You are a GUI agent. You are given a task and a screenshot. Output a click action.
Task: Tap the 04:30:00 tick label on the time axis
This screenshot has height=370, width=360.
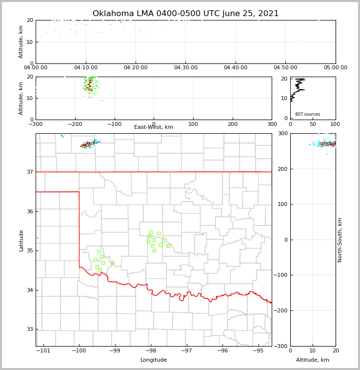click(x=185, y=68)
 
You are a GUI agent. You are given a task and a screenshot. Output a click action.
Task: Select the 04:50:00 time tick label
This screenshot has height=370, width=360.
click(x=285, y=68)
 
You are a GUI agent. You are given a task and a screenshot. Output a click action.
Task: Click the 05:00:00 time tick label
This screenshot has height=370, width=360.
click(x=335, y=68)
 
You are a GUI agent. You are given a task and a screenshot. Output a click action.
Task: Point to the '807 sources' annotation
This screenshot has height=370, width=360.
click(x=307, y=114)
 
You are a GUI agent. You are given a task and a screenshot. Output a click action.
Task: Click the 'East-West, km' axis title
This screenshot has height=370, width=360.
click(x=154, y=127)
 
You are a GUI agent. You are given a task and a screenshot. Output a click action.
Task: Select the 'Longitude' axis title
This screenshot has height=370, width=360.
click(x=154, y=360)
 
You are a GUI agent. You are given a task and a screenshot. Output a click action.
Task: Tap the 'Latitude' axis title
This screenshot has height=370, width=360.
click(x=21, y=240)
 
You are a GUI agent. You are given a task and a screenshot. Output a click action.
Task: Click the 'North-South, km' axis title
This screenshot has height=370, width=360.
click(x=340, y=240)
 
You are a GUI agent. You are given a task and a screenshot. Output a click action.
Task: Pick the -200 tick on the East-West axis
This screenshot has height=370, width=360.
click(x=75, y=124)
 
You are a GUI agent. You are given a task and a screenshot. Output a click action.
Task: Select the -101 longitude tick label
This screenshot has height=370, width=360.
click(x=43, y=351)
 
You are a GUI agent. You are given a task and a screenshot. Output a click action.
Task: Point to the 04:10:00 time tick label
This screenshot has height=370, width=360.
click(x=85, y=68)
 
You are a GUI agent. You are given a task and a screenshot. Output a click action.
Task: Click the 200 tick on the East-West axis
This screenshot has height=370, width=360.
click(x=233, y=124)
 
